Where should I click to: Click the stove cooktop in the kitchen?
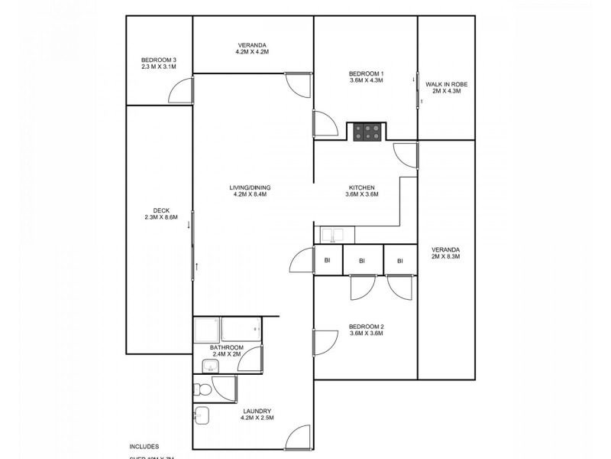point(367,132)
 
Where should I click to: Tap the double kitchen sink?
point(332,235)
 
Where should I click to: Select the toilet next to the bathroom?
point(202,389)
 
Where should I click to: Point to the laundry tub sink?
point(202,415)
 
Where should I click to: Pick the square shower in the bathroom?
point(206,330)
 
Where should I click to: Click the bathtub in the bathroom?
point(241,330)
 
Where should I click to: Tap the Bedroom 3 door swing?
point(180,93)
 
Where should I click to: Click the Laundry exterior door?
point(298,438)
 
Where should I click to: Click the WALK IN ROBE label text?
point(446,83)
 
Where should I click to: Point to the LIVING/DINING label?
point(250,187)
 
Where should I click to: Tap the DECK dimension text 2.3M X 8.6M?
point(160,217)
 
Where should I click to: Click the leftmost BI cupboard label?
point(327,261)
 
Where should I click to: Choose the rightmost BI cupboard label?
point(399,261)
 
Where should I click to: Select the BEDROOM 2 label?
point(365,326)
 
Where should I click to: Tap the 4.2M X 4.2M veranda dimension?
point(252,52)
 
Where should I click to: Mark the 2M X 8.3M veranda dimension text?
point(446,257)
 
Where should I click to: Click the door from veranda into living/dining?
point(299,83)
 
